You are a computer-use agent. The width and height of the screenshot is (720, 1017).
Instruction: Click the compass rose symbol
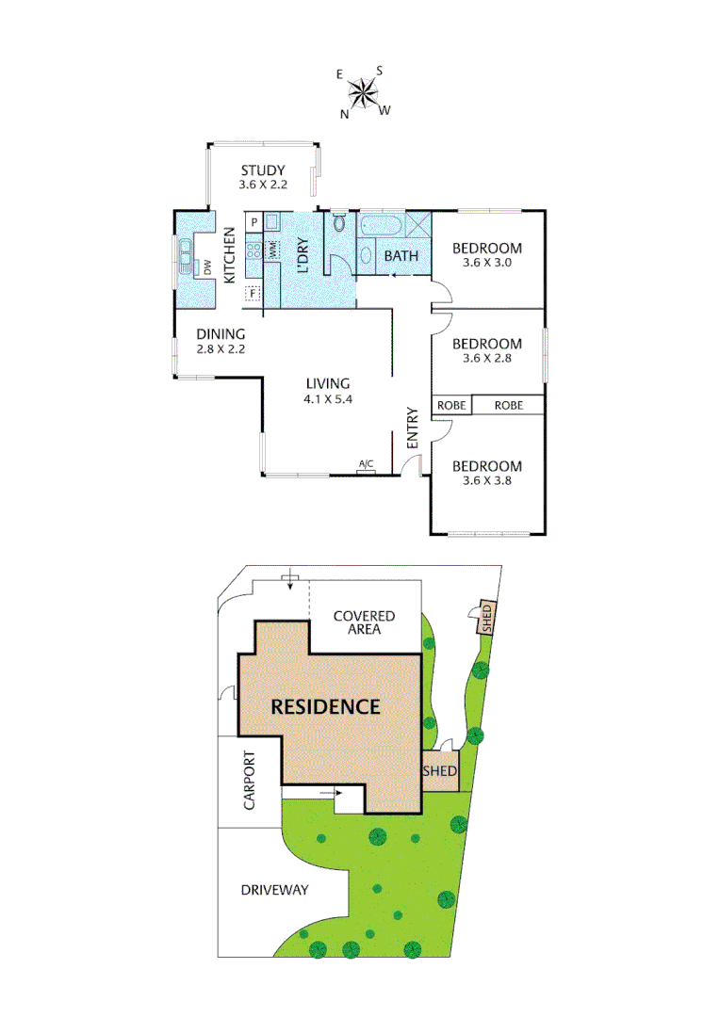click(x=363, y=91)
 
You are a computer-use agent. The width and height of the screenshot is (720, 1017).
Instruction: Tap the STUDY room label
click(x=262, y=170)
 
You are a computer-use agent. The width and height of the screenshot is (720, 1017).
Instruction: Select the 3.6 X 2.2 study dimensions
click(x=262, y=186)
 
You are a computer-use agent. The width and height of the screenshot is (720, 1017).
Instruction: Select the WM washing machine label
click(x=273, y=250)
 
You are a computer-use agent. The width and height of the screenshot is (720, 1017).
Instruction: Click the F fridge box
click(x=253, y=293)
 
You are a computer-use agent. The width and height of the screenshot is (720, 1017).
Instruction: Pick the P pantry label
click(x=254, y=222)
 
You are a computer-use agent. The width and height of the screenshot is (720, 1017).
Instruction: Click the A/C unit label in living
click(x=367, y=464)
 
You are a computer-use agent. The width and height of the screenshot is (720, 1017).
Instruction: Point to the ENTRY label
click(x=412, y=428)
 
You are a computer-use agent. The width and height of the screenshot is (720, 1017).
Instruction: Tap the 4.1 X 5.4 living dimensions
click(x=327, y=399)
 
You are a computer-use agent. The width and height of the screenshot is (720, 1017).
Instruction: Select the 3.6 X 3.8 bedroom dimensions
click(x=486, y=481)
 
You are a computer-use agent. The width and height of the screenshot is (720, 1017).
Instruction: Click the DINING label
click(x=221, y=333)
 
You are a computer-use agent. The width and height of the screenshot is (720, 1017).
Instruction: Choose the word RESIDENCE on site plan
click(x=325, y=706)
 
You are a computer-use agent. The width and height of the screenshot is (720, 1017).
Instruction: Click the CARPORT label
click(x=250, y=780)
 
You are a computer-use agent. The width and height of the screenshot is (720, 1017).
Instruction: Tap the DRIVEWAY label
click(x=274, y=889)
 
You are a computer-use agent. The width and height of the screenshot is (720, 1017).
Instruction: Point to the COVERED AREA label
click(x=364, y=622)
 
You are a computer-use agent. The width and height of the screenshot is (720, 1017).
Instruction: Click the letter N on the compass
click(x=346, y=114)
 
